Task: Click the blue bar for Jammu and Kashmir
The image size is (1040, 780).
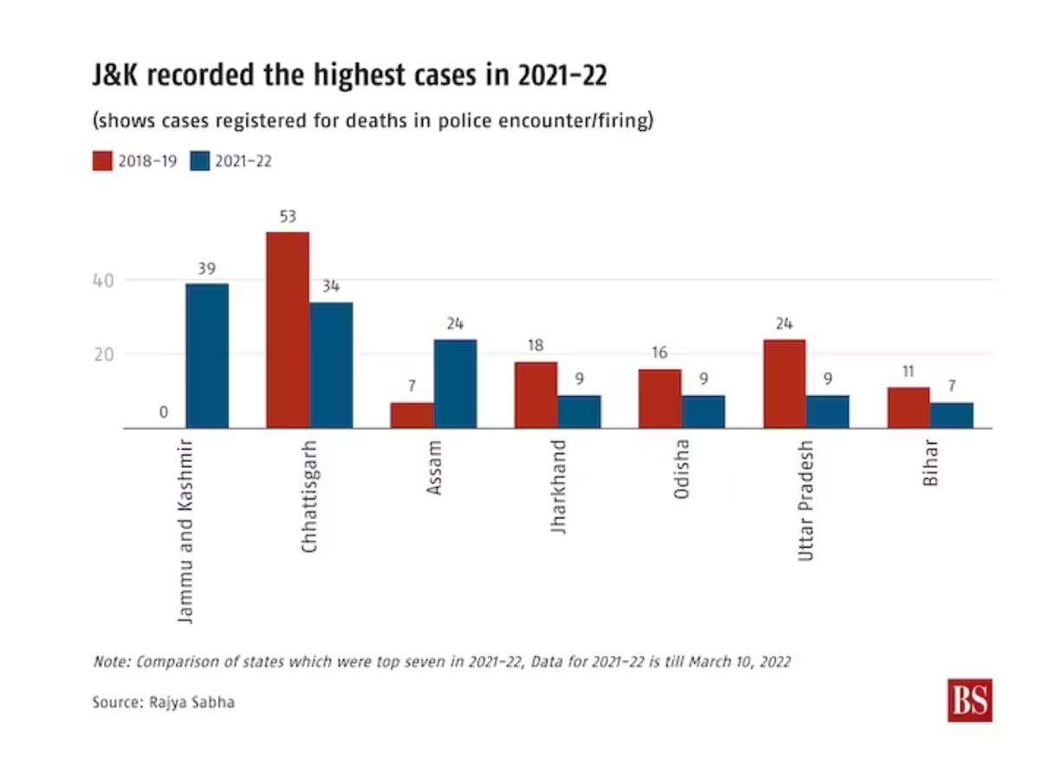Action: pos(207,356)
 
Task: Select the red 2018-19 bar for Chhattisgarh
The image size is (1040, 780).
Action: pos(288,330)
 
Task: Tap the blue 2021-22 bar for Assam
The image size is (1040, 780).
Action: pos(455,383)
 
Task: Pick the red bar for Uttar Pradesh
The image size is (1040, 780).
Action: pos(784,383)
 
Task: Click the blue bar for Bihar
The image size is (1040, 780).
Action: pos(952,415)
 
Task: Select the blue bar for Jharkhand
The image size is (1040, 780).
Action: pos(579,412)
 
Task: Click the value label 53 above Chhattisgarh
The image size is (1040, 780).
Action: pos(288,216)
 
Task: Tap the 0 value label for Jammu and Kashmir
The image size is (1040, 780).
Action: pos(163,413)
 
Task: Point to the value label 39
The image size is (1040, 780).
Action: pos(206,269)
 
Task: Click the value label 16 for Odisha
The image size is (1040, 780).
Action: pos(660,354)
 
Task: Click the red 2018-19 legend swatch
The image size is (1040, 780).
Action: pos(102,160)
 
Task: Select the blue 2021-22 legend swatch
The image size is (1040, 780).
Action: pos(199,160)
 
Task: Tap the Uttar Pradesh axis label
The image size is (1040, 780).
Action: pos(807,500)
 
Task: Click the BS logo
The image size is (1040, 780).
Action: pos(970,700)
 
